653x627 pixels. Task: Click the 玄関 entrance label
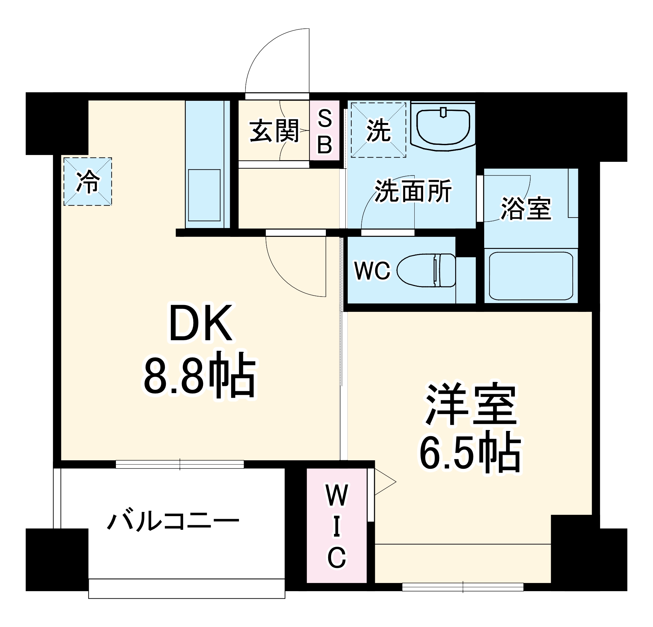point(274,131)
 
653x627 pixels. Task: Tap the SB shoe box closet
point(325,131)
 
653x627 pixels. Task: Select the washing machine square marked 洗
point(378,130)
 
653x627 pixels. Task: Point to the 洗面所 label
point(413,191)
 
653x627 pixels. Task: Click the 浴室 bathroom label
point(526,208)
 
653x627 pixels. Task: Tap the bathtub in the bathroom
point(531,276)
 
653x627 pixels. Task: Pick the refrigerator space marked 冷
point(88,182)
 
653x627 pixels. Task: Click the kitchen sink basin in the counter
point(204,195)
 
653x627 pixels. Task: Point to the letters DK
point(200,323)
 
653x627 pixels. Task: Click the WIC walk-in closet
point(337,526)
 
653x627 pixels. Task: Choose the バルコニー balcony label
point(173,521)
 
